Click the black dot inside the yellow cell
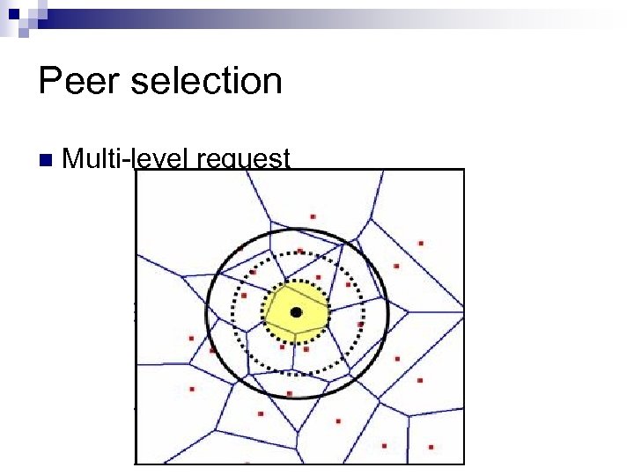click(x=297, y=312)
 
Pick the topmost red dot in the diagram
click(x=313, y=216)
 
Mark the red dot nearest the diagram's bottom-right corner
click(x=430, y=446)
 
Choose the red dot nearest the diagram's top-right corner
click(x=421, y=243)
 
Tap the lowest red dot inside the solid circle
click(x=290, y=393)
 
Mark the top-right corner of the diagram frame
click(x=463, y=170)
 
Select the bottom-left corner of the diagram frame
click(x=135, y=463)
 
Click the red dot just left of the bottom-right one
click(x=384, y=445)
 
